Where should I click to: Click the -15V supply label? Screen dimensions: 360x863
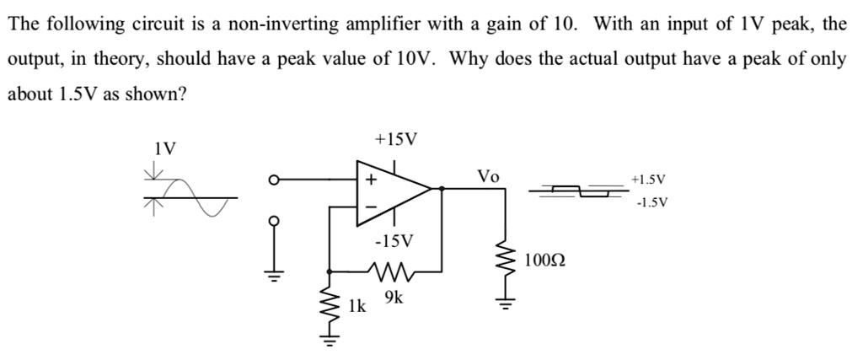(x=394, y=242)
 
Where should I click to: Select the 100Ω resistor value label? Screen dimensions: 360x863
(x=544, y=260)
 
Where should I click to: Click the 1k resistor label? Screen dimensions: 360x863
(x=357, y=305)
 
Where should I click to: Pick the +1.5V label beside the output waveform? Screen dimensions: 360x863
(x=649, y=180)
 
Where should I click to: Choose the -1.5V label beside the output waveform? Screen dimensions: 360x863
(x=649, y=203)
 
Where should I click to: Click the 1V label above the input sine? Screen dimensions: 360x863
(x=165, y=149)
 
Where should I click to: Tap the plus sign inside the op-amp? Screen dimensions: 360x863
(x=367, y=180)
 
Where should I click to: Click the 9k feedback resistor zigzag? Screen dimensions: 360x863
(x=390, y=272)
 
